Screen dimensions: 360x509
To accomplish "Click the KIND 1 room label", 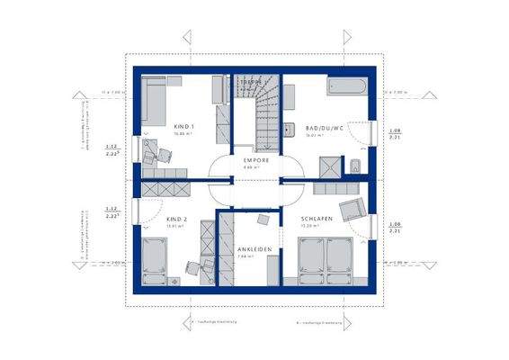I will click(185, 127).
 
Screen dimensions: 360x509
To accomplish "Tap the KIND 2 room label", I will click(178, 219).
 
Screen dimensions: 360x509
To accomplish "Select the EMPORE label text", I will click(254, 159).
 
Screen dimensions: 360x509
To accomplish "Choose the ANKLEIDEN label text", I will click(254, 248).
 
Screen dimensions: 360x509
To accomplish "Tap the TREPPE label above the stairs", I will click(251, 82).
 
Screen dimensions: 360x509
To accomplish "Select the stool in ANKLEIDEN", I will click(262, 219).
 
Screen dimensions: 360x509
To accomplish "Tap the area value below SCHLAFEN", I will click(311, 227).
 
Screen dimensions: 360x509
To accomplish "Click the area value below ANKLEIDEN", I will click(254, 257).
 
